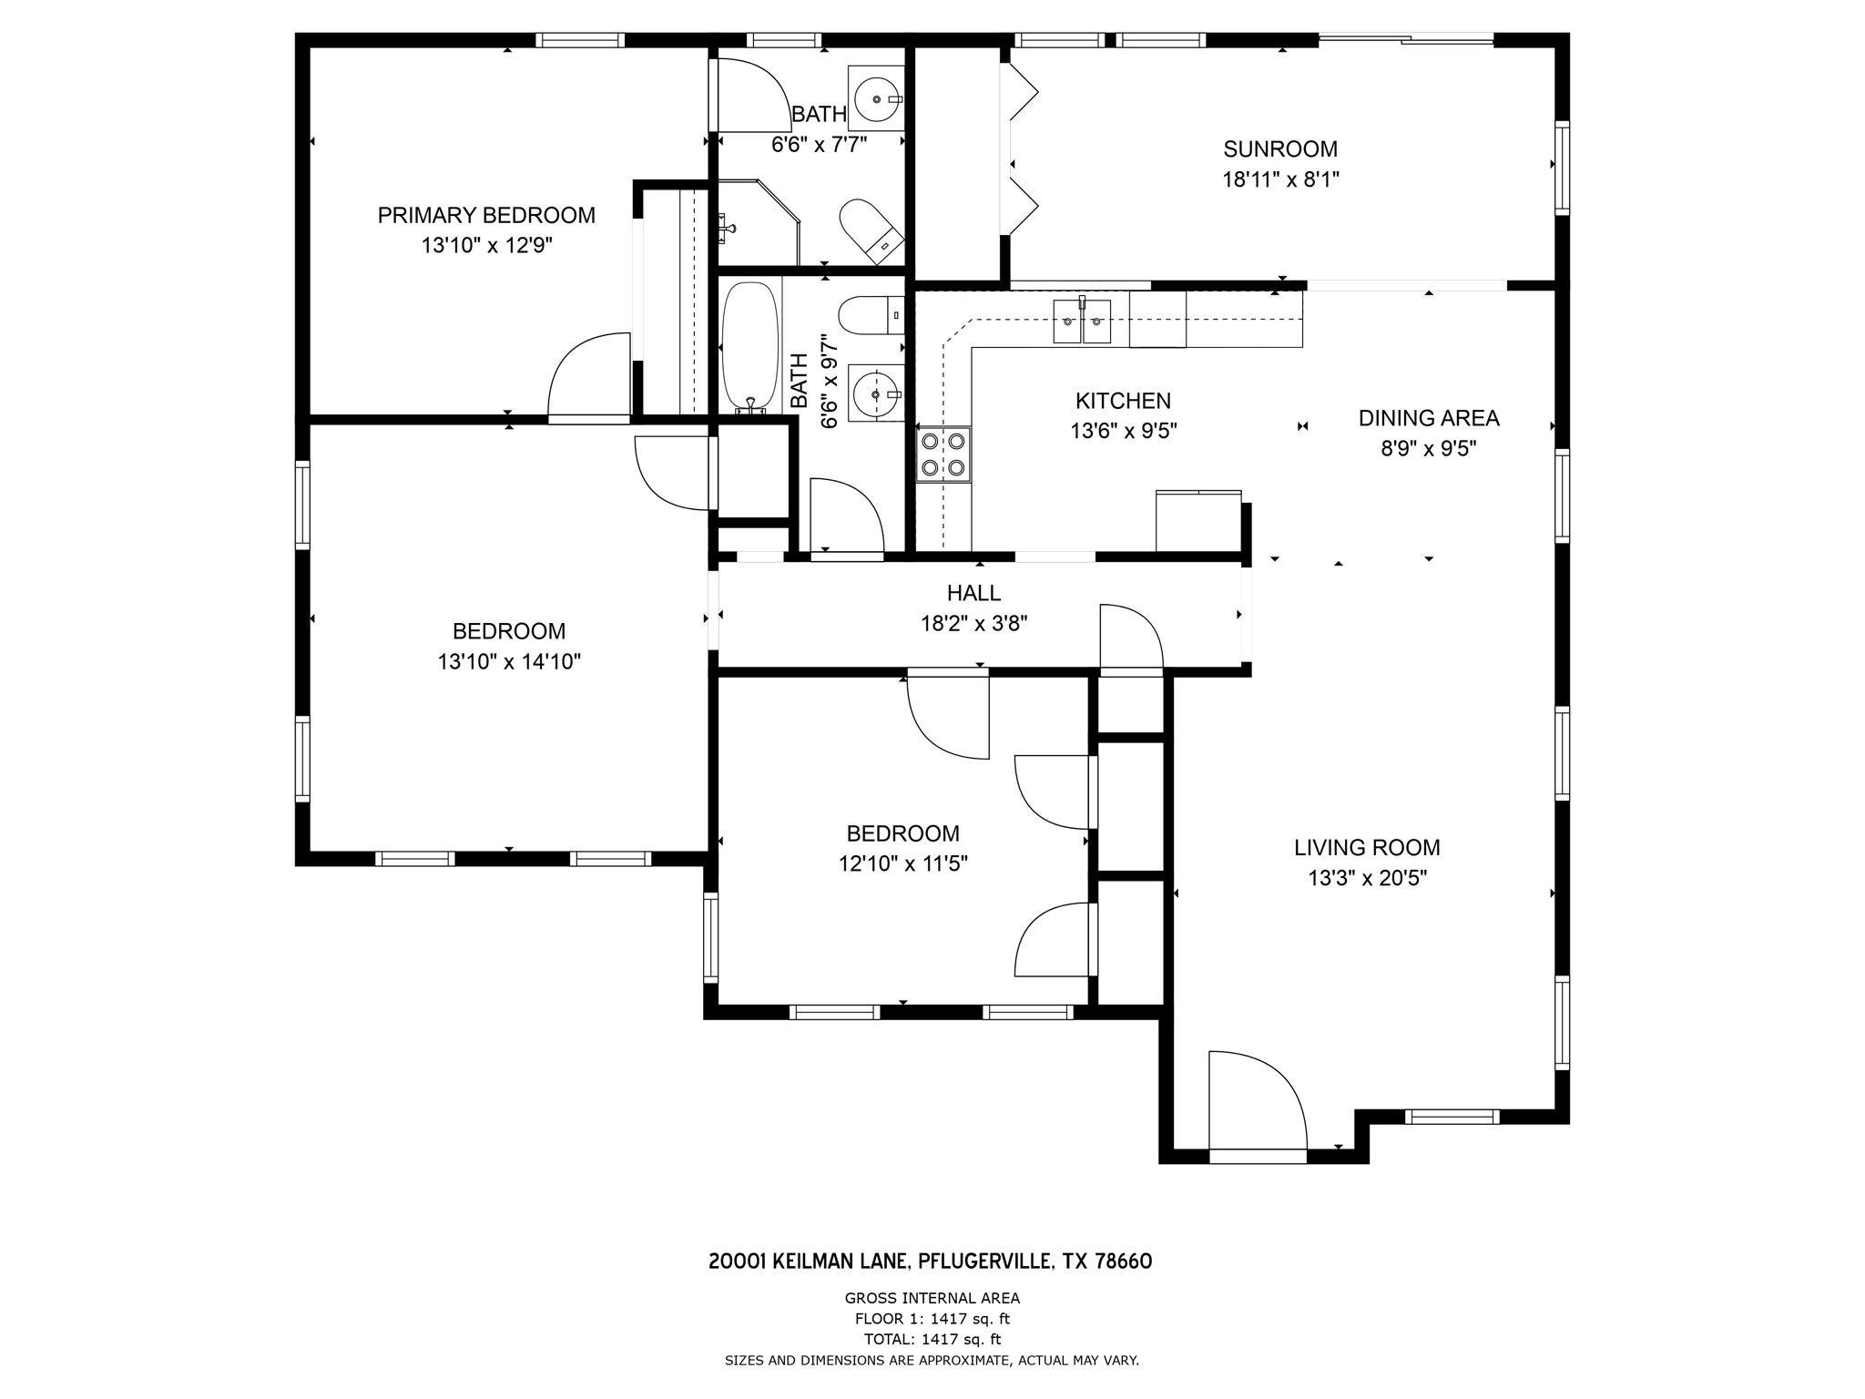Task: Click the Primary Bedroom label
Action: coord(486,216)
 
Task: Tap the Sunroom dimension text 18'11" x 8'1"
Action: coord(1280,179)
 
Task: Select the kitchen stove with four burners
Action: coord(943,454)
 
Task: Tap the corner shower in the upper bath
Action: coord(758,222)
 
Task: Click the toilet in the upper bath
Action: coord(871,231)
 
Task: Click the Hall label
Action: coord(973,593)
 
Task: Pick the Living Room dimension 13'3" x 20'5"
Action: coord(1367,878)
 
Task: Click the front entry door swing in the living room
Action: coord(1258,1100)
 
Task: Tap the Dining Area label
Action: coord(1429,418)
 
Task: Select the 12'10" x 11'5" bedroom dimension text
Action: coord(902,863)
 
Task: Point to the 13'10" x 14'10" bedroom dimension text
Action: coord(509,661)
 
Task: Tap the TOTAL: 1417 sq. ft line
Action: coord(932,1339)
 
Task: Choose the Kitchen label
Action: coord(1123,401)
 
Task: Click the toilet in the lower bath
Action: coord(871,315)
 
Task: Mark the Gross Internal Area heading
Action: coord(932,1299)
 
